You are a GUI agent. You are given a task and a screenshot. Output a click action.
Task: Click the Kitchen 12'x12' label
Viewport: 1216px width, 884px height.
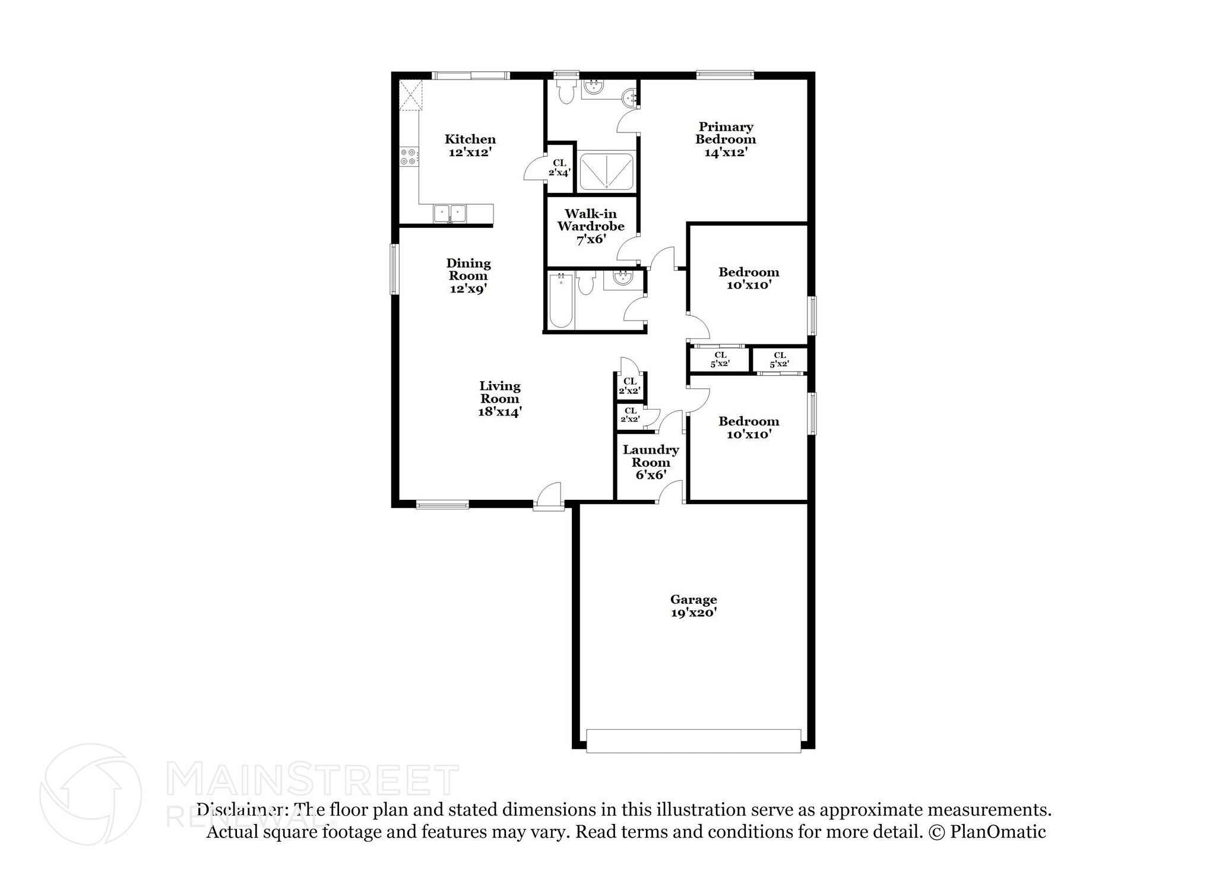(470, 145)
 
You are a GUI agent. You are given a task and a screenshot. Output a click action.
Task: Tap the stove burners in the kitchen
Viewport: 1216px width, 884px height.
(408, 157)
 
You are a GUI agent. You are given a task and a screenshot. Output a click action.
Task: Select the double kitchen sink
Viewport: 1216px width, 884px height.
(449, 213)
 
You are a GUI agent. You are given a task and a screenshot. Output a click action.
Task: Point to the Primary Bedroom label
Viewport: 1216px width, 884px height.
(725, 139)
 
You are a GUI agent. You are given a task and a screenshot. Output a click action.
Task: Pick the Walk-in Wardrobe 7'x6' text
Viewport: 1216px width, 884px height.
(590, 226)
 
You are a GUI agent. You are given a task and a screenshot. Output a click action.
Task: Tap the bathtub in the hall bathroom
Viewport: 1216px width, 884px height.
(560, 301)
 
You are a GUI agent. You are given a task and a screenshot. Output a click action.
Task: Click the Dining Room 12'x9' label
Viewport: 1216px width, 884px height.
(468, 276)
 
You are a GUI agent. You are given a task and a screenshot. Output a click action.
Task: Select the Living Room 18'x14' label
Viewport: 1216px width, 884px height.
(499, 399)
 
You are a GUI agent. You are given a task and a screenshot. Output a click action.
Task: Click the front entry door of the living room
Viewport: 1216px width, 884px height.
(548, 498)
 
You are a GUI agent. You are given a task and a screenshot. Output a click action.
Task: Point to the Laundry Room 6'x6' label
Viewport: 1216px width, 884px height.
(650, 462)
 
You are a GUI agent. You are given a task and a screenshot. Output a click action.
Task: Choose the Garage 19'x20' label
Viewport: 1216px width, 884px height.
(693, 606)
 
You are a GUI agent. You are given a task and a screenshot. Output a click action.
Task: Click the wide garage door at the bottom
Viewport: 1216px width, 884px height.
(693, 741)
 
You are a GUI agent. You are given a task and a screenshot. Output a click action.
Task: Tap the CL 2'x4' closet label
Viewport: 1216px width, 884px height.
(559, 167)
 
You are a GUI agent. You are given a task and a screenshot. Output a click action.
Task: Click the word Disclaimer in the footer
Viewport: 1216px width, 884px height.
(239, 810)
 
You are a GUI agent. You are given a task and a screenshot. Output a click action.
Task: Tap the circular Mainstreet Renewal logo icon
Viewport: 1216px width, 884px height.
(91, 794)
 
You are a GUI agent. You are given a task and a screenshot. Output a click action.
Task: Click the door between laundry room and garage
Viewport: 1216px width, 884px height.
(670, 493)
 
